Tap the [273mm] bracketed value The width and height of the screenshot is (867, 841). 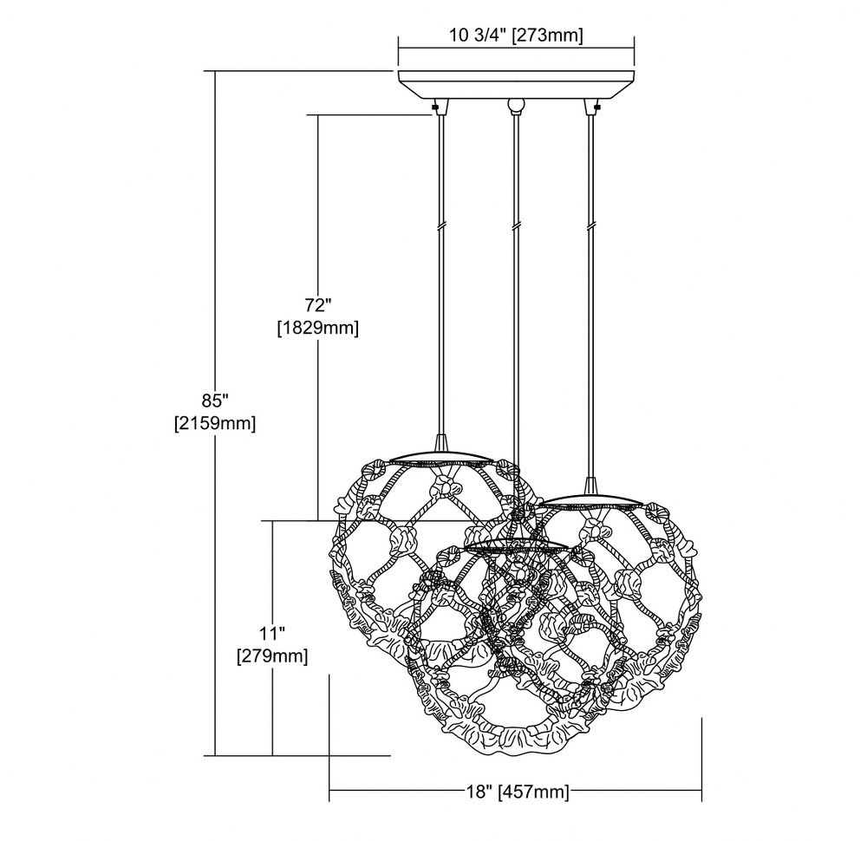coord(548,36)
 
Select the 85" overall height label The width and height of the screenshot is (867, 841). coord(216,400)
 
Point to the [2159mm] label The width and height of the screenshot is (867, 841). coord(215,424)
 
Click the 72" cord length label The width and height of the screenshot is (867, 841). coord(317,304)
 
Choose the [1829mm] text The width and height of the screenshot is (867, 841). coord(317,329)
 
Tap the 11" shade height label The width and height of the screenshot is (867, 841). coord(272,633)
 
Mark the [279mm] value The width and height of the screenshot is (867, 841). coord(272,656)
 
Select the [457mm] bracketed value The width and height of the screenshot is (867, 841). coord(533,792)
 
